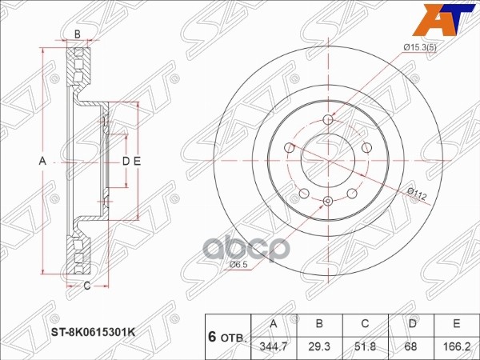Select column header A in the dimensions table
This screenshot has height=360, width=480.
274,324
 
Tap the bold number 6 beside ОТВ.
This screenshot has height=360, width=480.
212,335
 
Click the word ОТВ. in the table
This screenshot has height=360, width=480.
234,337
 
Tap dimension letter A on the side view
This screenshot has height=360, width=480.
43,161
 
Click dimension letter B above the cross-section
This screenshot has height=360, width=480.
77,34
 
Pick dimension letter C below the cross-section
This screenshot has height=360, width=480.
86,284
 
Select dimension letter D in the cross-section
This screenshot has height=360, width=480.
125,161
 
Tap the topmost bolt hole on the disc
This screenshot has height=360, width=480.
328,119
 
